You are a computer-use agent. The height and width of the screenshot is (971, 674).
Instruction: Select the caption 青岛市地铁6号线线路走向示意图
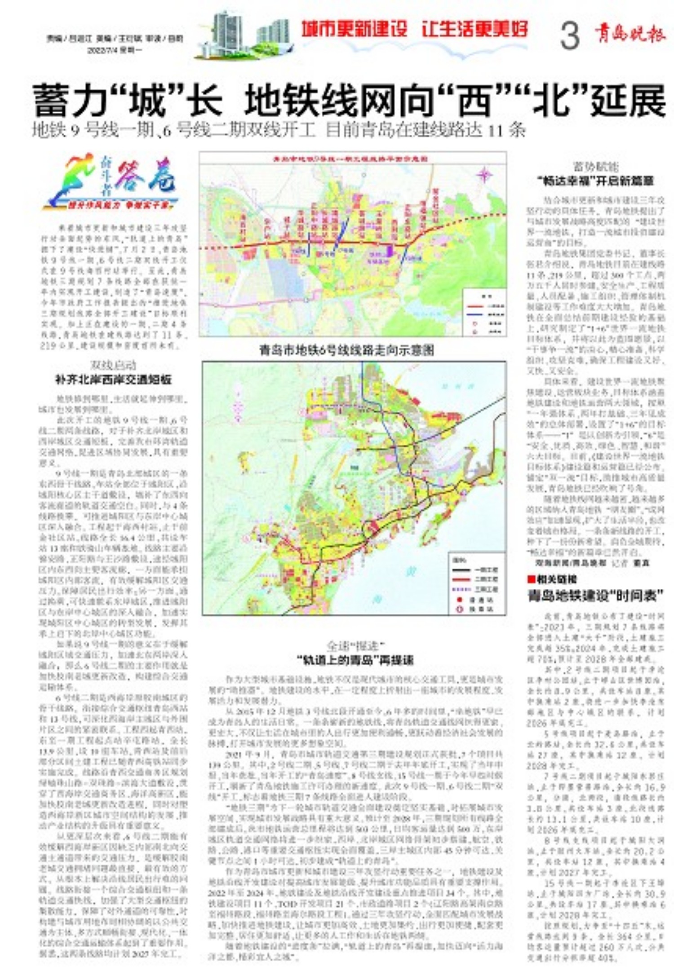tap(347, 350)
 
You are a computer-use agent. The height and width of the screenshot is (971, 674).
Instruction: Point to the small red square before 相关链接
tap(532, 579)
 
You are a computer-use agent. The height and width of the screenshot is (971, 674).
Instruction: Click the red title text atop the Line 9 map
tap(350, 159)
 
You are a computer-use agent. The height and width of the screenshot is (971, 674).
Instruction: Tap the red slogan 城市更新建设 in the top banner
tap(354, 30)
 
